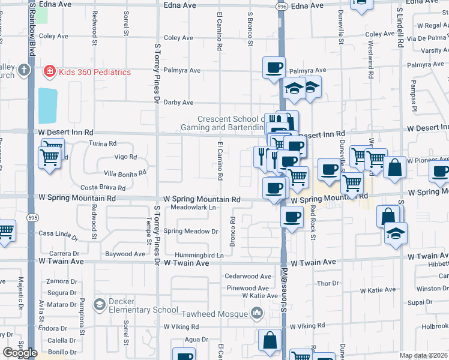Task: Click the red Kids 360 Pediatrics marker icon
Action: point(49,72)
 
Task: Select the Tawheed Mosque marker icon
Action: point(258,313)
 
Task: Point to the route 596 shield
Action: point(282,5)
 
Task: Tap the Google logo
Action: point(20,353)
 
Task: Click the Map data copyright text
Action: point(424,355)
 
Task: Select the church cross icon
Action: point(24,70)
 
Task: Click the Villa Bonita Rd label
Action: point(125,173)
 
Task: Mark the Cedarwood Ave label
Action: point(248,277)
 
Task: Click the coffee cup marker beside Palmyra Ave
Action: point(274,67)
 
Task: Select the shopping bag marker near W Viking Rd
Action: point(270,340)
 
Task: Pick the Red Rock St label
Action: point(313,222)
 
